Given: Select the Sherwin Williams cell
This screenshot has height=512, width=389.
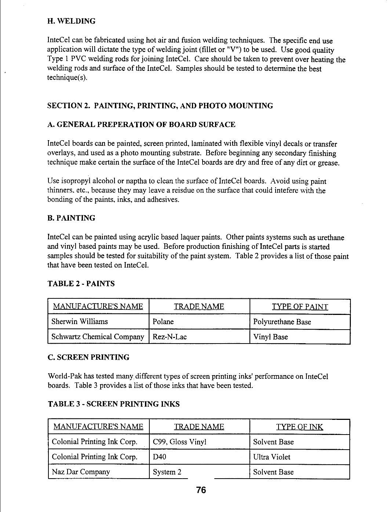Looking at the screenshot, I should click(x=80, y=322).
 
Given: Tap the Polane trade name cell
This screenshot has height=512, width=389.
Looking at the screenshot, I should click(x=163, y=322).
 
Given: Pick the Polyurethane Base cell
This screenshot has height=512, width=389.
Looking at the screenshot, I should click(x=282, y=322).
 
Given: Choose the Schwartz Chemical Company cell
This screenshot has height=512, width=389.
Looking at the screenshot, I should click(x=98, y=337).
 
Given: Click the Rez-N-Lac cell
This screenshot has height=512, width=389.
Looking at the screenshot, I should click(x=170, y=337).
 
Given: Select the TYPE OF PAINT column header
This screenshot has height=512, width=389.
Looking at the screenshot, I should click(x=300, y=307).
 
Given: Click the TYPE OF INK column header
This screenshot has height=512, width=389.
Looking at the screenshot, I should click(x=299, y=426).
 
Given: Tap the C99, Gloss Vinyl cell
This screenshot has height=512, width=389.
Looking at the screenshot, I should click(x=179, y=442).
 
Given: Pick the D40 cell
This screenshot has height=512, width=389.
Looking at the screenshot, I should click(x=160, y=457).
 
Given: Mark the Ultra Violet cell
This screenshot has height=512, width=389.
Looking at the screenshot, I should click(x=272, y=457).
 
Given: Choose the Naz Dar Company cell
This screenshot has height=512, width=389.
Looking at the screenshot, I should click(x=81, y=472).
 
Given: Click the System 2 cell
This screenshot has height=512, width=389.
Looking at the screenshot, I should click(x=167, y=472).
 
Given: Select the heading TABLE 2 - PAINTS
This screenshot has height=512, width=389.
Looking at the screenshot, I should click(x=81, y=284).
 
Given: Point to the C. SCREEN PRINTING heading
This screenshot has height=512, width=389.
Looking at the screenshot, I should click(x=88, y=357).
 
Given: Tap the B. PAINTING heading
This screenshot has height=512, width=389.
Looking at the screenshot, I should click(x=72, y=218).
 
